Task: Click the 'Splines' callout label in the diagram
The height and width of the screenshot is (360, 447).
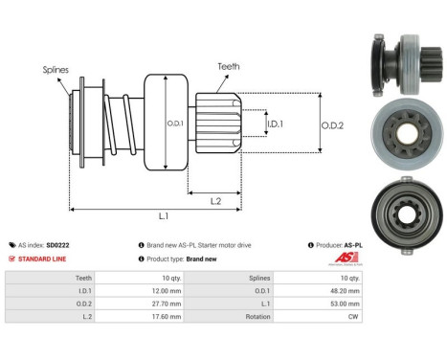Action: pyautogui.click(x=55, y=70)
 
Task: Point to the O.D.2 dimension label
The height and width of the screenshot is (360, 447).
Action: pyautogui.click(x=332, y=124)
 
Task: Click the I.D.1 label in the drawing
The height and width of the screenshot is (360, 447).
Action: pyautogui.click(x=274, y=124)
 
